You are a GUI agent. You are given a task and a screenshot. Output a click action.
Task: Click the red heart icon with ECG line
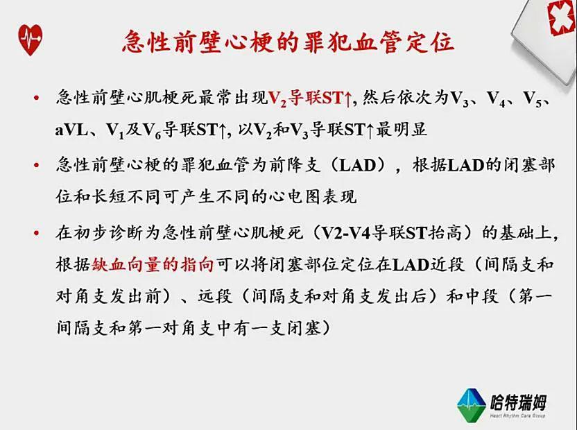coord(31,40)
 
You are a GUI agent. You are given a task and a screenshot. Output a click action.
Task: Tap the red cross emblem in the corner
coord(562,16)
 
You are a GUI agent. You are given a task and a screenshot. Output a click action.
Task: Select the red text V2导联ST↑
coord(311,98)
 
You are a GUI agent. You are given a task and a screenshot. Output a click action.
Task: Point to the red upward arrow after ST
coord(348,98)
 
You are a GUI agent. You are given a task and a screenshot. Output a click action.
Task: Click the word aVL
coord(71,130)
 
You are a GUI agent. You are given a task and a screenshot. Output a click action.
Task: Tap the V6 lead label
coord(152,130)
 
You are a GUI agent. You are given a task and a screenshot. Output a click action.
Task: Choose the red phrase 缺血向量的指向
coord(153,264)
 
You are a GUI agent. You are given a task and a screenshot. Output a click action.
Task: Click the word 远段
coord(215,296)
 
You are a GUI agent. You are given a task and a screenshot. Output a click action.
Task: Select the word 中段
coord(482,296)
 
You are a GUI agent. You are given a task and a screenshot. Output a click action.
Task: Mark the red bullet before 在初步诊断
coord(36,233)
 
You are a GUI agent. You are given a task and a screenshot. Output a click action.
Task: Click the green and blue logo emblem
coord(472,405)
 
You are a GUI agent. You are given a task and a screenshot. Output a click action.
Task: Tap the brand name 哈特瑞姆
coord(518,402)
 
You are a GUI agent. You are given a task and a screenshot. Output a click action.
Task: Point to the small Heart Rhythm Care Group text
coord(517,415)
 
